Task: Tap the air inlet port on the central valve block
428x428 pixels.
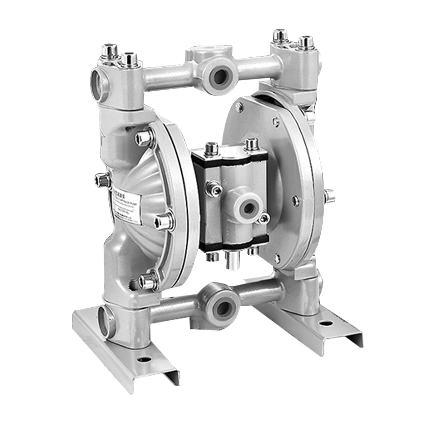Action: click(247, 208)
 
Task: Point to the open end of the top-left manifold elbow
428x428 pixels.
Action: click(97, 81)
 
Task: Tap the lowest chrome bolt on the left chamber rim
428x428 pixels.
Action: click(149, 281)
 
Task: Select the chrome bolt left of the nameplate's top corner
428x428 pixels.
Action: click(103, 179)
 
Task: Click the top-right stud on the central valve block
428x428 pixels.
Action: click(251, 145)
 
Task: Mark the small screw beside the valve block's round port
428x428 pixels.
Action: click(263, 219)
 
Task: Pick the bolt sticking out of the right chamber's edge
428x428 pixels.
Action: click(329, 195)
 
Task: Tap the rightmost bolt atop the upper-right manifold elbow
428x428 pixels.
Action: click(306, 42)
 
